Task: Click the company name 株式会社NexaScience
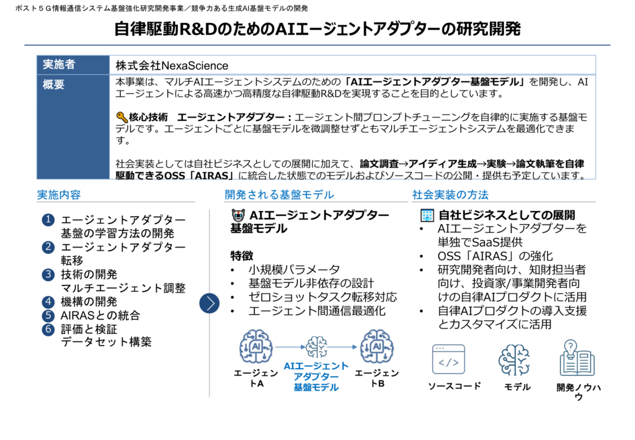[172, 66]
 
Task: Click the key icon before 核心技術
[122, 117]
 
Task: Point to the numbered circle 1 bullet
[48, 220]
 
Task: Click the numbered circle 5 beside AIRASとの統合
[48, 315]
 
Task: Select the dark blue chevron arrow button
[210, 303]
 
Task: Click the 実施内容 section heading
[59, 195]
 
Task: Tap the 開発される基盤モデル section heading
[279, 195]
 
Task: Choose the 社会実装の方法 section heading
[450, 195]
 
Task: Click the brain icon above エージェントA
[255, 347]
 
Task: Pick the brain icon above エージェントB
[376, 347]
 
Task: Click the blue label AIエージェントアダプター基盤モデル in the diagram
[316, 377]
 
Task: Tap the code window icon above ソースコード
[448, 359]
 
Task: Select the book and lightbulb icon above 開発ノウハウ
[577, 357]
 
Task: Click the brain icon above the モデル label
[514, 360]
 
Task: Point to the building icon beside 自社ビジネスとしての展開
[427, 215]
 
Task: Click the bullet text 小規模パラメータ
[294, 269]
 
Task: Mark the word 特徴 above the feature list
[242, 256]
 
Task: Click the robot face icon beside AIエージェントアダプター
[238, 215]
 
